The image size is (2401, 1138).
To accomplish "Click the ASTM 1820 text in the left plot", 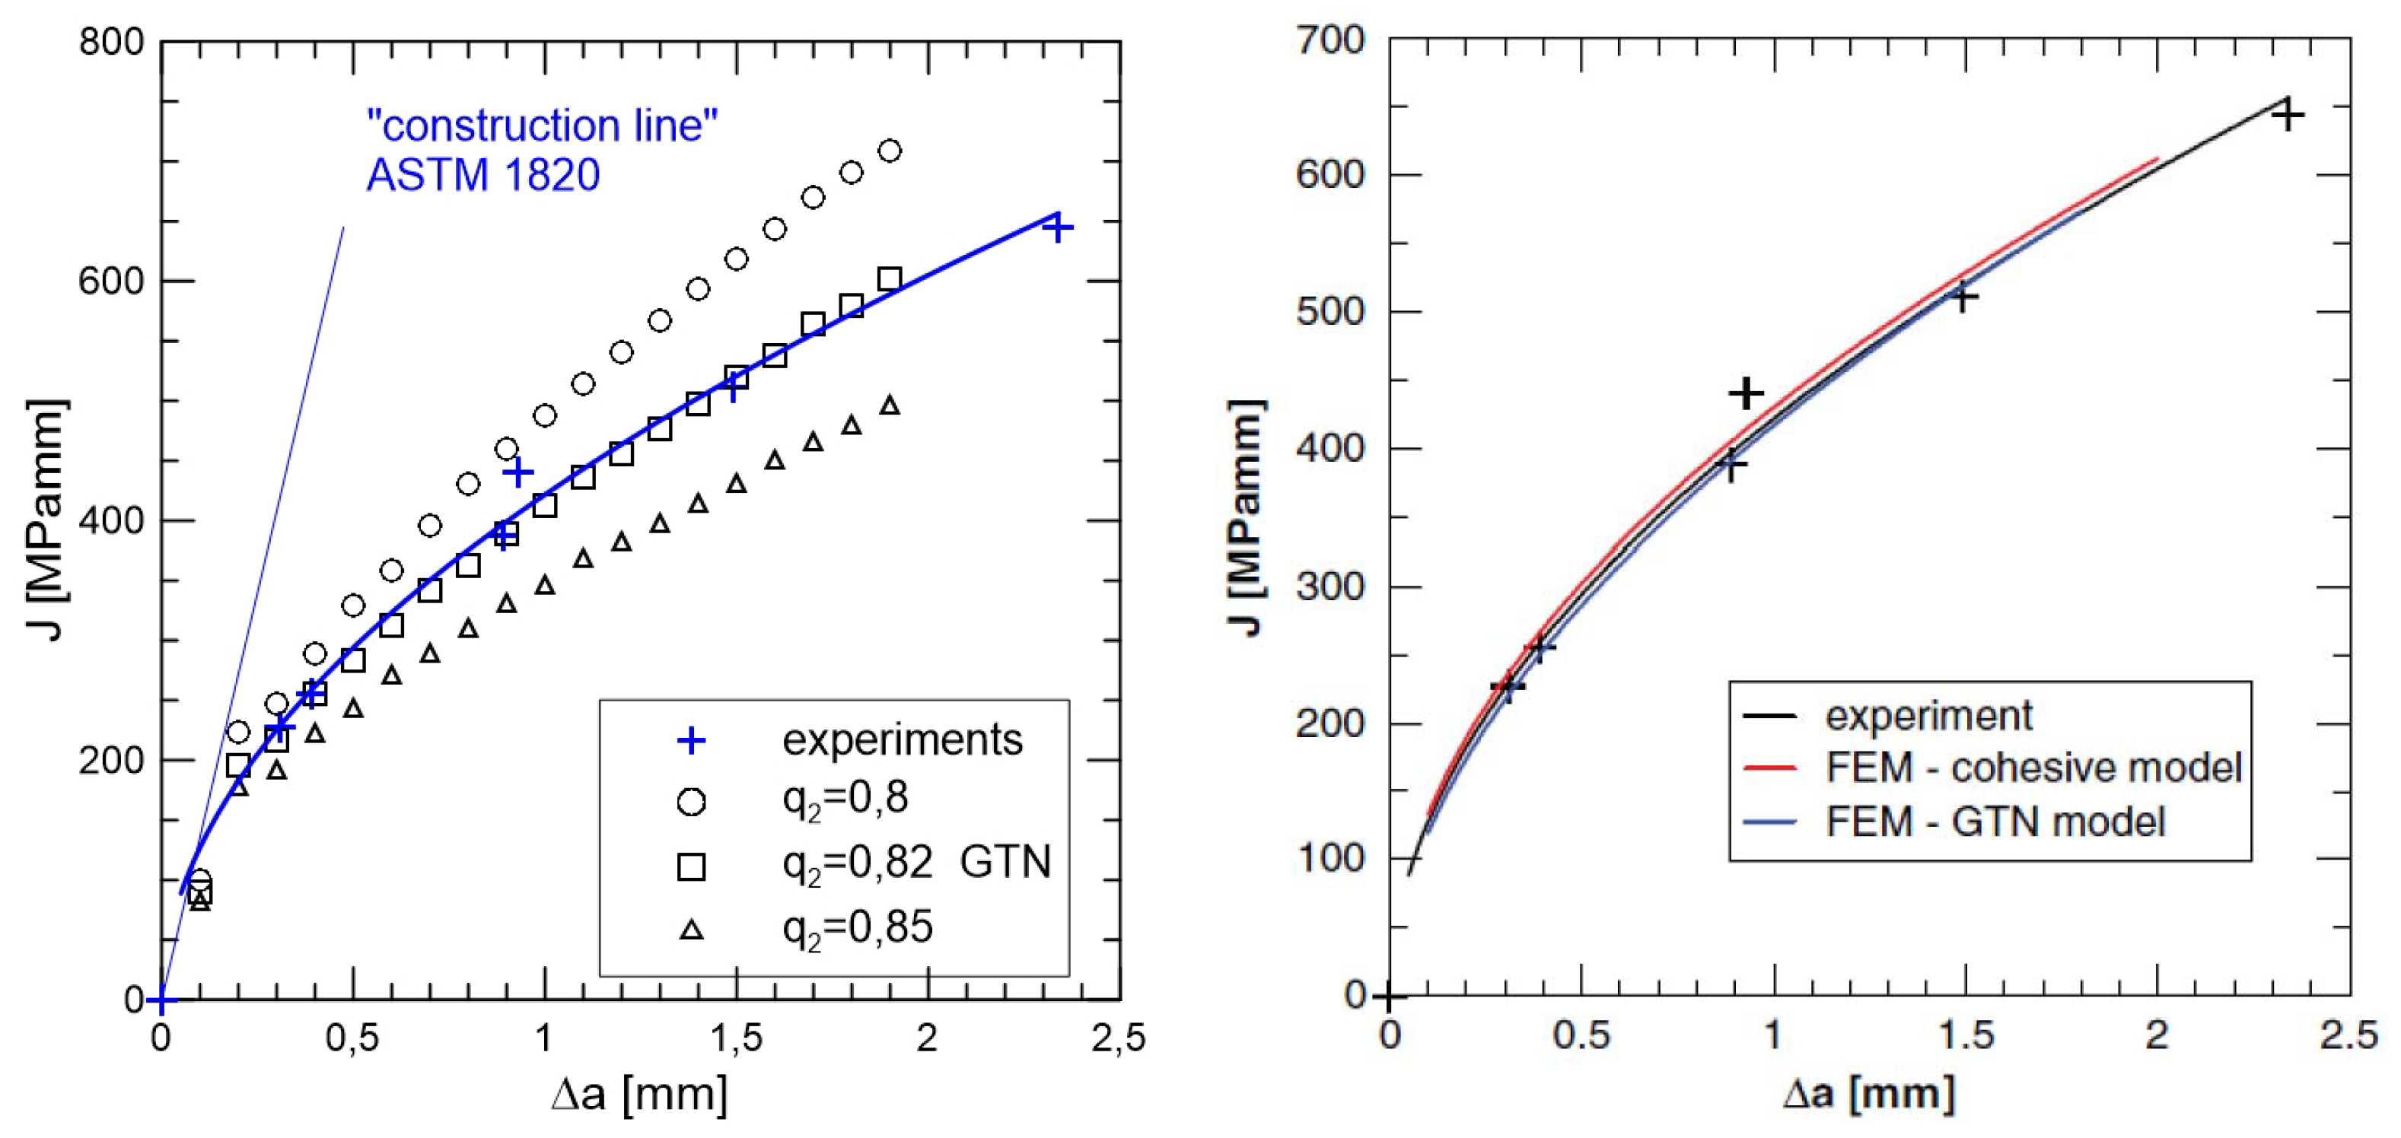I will click(482, 175).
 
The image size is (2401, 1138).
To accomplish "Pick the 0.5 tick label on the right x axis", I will click(1581, 1035).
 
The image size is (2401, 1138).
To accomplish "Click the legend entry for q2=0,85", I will click(857, 928).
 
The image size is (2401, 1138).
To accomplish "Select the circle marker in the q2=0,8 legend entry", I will click(691, 802).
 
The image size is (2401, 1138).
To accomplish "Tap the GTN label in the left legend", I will click(1005, 861).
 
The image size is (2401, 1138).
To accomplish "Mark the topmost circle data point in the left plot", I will click(889, 151).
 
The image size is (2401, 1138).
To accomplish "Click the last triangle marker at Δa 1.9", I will click(889, 405).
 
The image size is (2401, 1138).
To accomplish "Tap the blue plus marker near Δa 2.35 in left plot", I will click(1057, 227).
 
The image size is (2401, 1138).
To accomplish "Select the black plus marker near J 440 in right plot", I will click(1746, 393).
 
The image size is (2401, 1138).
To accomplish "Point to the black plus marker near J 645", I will click(2288, 115).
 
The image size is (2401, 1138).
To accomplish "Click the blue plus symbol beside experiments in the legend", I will click(691, 741).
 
